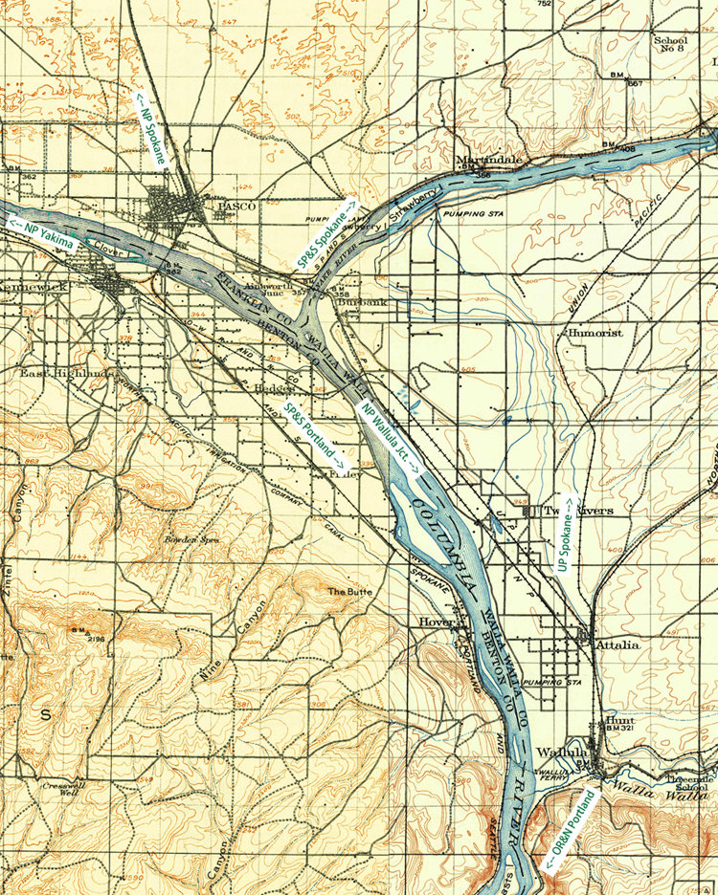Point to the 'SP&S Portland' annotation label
(314, 436)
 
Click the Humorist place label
(595, 333)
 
